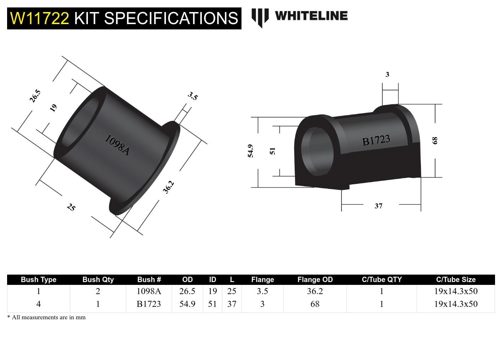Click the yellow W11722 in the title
click(39, 18)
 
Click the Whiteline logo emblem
click(260, 17)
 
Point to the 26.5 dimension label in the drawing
click(35, 96)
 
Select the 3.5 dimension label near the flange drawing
click(193, 96)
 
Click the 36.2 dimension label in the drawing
click(168, 187)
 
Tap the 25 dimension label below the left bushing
click(71, 207)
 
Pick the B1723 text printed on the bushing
click(376, 140)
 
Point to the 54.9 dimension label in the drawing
click(250, 151)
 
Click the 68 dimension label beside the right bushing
click(435, 140)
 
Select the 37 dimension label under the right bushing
click(378, 206)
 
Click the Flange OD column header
click(315, 280)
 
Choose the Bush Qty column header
click(98, 280)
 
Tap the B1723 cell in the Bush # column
click(149, 304)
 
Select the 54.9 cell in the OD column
click(187, 304)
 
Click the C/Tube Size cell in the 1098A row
click(456, 291)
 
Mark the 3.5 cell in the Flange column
click(262, 291)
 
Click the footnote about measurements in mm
click(46, 317)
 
